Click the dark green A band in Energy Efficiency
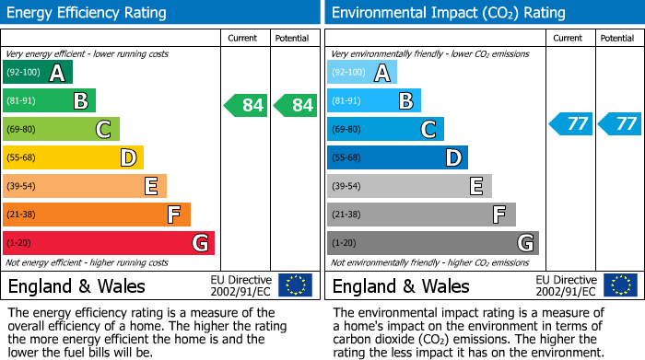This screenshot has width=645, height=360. click(x=38, y=73)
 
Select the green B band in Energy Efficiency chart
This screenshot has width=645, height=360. click(x=50, y=101)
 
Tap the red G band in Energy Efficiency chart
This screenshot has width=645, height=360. click(x=109, y=243)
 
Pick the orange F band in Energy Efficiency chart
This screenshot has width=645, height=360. click(x=97, y=215)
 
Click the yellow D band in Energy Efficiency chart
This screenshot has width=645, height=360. click(x=74, y=157)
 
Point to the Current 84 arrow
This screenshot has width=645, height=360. click(x=246, y=105)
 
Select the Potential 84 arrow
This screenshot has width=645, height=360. click(x=295, y=105)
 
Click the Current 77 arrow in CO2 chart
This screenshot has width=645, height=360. click(x=570, y=123)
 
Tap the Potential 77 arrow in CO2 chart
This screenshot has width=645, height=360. click(x=619, y=123)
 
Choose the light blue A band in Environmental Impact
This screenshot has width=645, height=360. click(x=362, y=73)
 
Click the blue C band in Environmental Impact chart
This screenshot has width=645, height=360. click(x=385, y=129)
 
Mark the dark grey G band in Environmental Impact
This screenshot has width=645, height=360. click(x=433, y=243)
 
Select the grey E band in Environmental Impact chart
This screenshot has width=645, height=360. click(x=409, y=186)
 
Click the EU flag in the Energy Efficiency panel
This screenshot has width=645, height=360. click(x=295, y=285)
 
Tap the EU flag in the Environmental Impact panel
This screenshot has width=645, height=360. click(x=619, y=285)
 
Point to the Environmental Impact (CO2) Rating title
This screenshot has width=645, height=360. click(x=448, y=13)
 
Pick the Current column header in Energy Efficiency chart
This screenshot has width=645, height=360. click(x=244, y=38)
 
